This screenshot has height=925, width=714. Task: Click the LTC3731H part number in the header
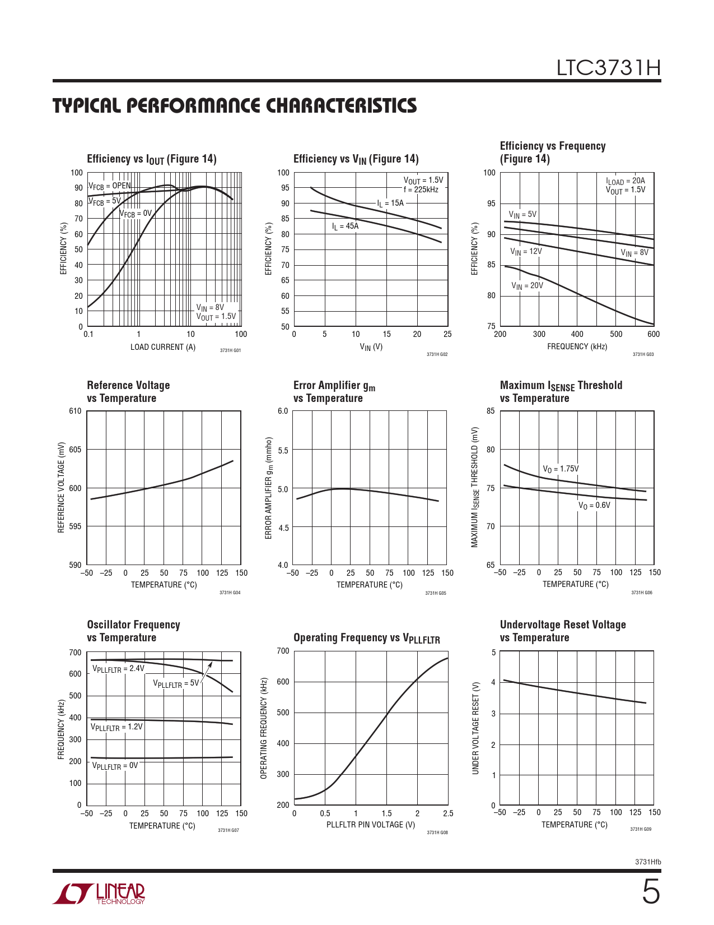tap(608, 68)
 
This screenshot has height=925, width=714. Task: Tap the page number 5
tap(650, 892)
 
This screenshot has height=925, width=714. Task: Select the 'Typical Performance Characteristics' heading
tap(235, 105)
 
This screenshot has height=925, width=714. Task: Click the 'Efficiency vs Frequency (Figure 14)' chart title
tap(552, 152)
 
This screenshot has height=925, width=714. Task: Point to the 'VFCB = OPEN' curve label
tap(109, 186)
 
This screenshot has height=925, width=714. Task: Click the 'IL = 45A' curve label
tap(345, 226)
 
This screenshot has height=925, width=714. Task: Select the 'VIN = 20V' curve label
tap(527, 286)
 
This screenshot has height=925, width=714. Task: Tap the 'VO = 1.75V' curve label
tap(561, 469)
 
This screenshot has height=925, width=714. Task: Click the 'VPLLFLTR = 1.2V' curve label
tap(116, 727)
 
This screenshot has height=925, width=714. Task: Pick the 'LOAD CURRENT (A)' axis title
tap(163, 347)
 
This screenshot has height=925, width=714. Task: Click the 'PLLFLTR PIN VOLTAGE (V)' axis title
tap(371, 825)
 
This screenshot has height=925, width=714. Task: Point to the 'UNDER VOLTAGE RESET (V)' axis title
tap(475, 728)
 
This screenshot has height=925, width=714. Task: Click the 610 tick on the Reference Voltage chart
tap(75, 411)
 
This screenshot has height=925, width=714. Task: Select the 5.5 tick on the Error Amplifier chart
tap(283, 450)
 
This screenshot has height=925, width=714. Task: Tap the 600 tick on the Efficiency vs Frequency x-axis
tap(653, 334)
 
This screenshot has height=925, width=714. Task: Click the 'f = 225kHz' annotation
tap(421, 189)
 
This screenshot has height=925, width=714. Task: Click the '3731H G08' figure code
tap(437, 832)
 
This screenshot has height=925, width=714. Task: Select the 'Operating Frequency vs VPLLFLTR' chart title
tap(367, 639)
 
